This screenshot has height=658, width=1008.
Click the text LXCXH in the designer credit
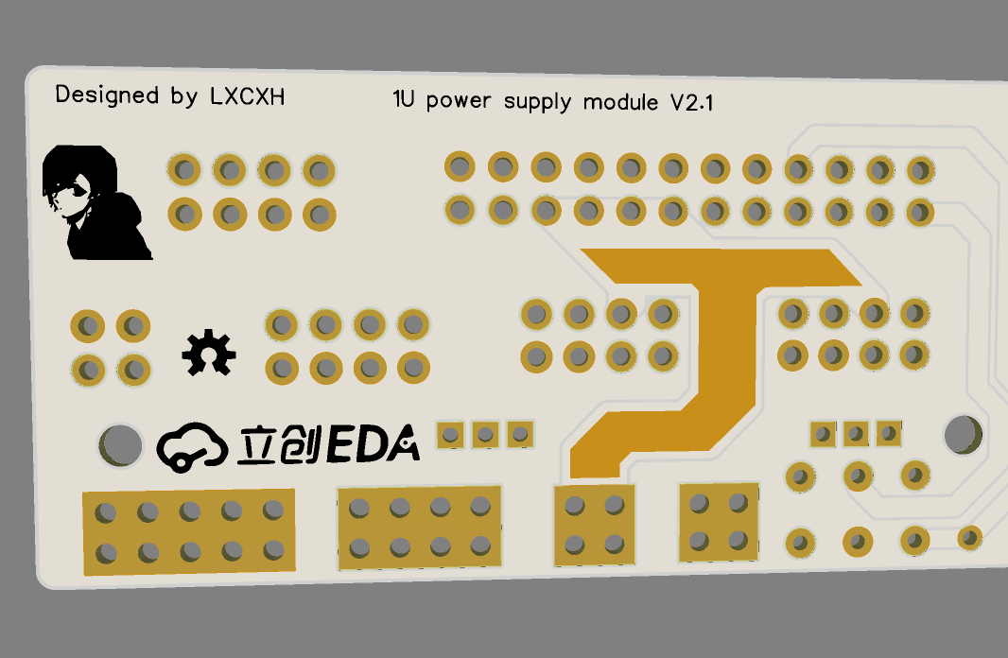[x=247, y=96]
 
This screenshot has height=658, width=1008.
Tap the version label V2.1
[x=691, y=103]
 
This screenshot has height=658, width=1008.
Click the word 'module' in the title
[x=620, y=101]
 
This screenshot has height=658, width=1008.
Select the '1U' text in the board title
[x=405, y=99]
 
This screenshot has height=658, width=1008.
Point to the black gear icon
[x=208, y=353]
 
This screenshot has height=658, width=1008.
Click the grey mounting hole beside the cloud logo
[x=120, y=443]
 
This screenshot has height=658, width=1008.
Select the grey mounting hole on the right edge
[x=963, y=433]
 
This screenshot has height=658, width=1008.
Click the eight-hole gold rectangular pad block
[x=419, y=528]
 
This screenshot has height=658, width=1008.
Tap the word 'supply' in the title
[x=538, y=101]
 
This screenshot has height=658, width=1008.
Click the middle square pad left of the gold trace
[x=485, y=435]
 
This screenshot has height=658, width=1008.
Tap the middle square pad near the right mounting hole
[x=856, y=434]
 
